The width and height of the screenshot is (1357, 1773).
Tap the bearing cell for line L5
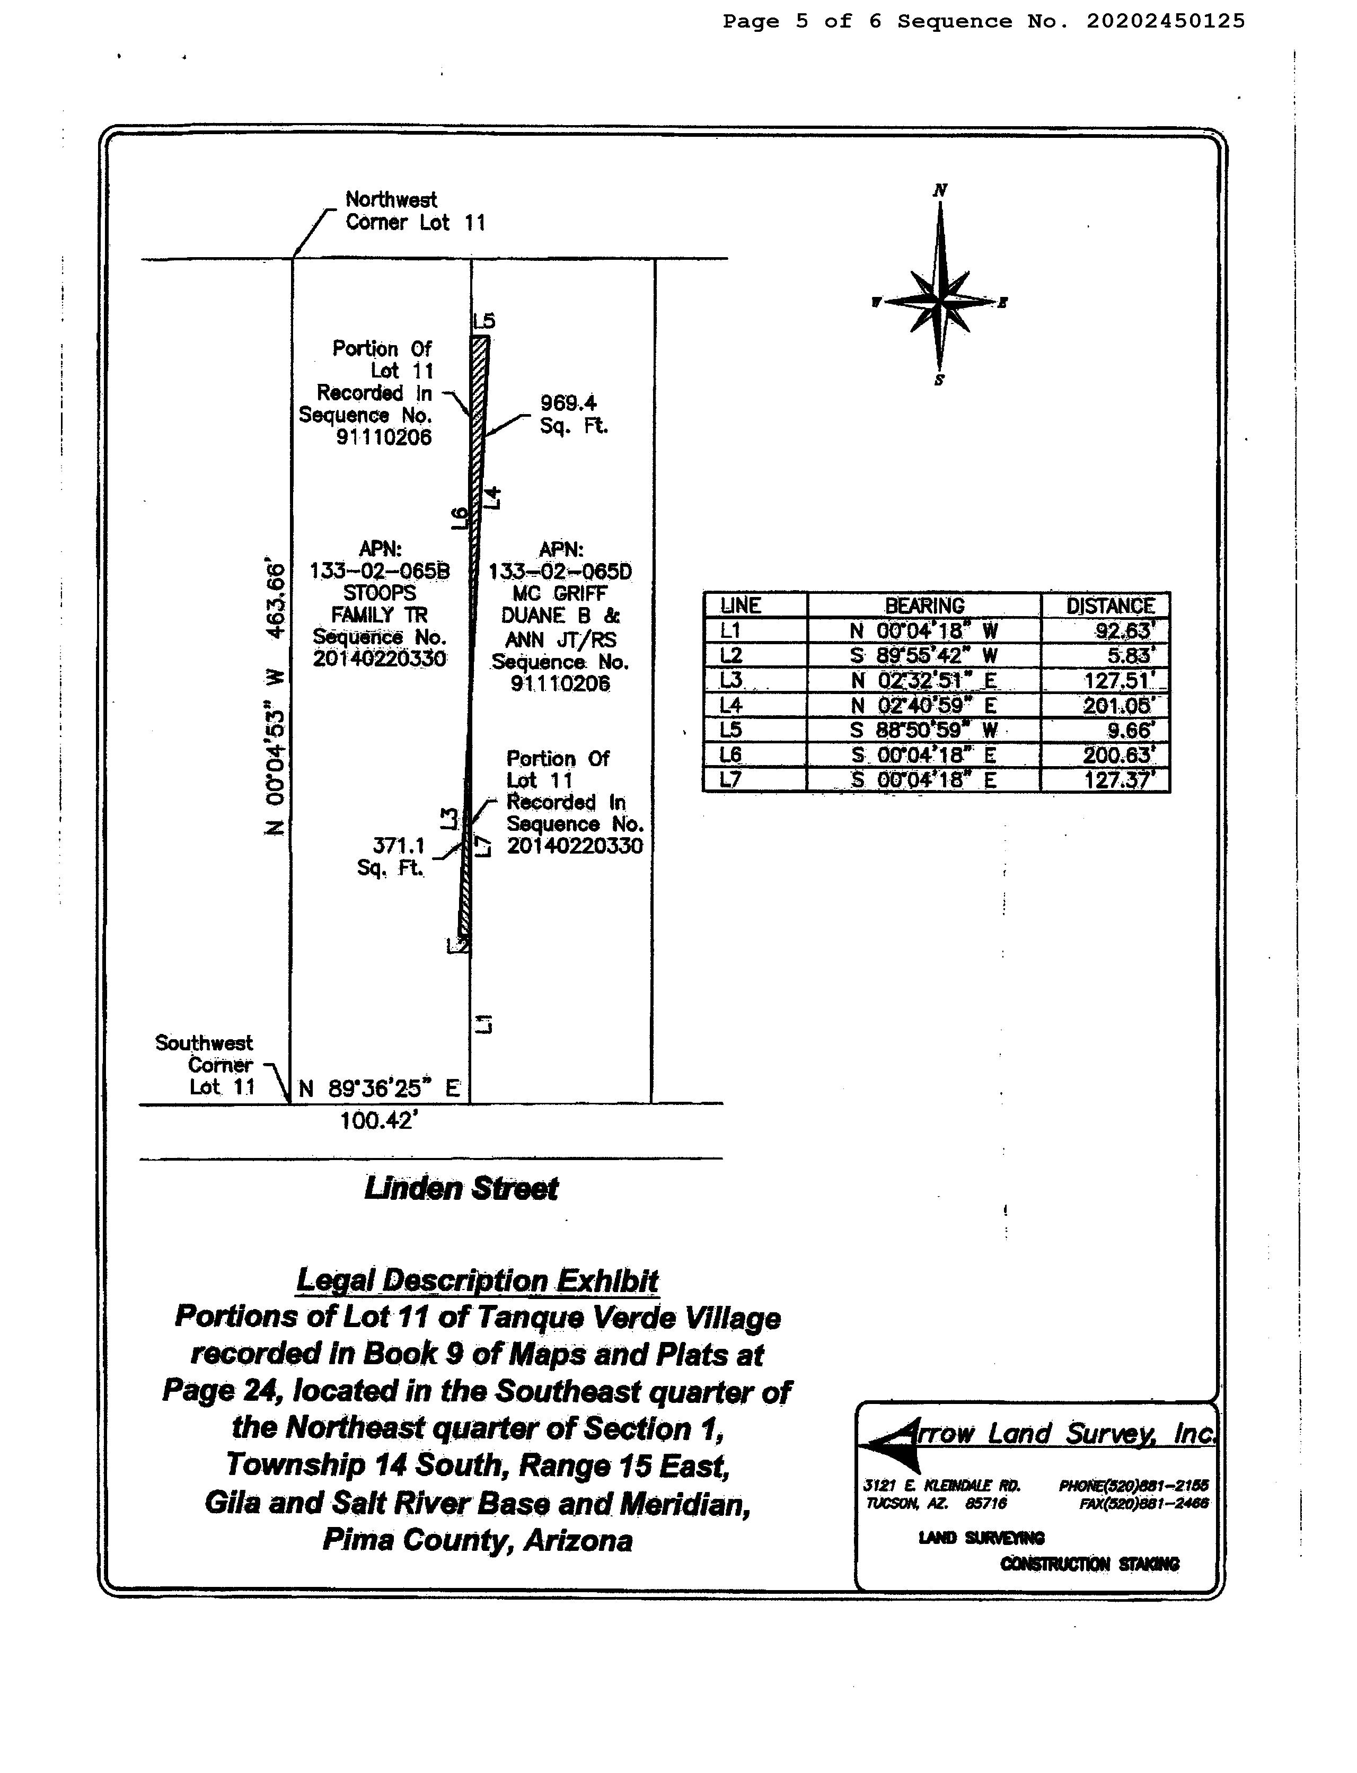point(924,730)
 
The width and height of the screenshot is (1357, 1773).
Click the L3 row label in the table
point(731,680)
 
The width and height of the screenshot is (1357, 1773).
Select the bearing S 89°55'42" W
point(924,655)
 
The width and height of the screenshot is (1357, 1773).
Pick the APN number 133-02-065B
point(380,571)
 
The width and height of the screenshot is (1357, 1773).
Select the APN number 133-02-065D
point(561,571)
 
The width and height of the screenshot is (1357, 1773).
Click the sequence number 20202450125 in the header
point(1165,21)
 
